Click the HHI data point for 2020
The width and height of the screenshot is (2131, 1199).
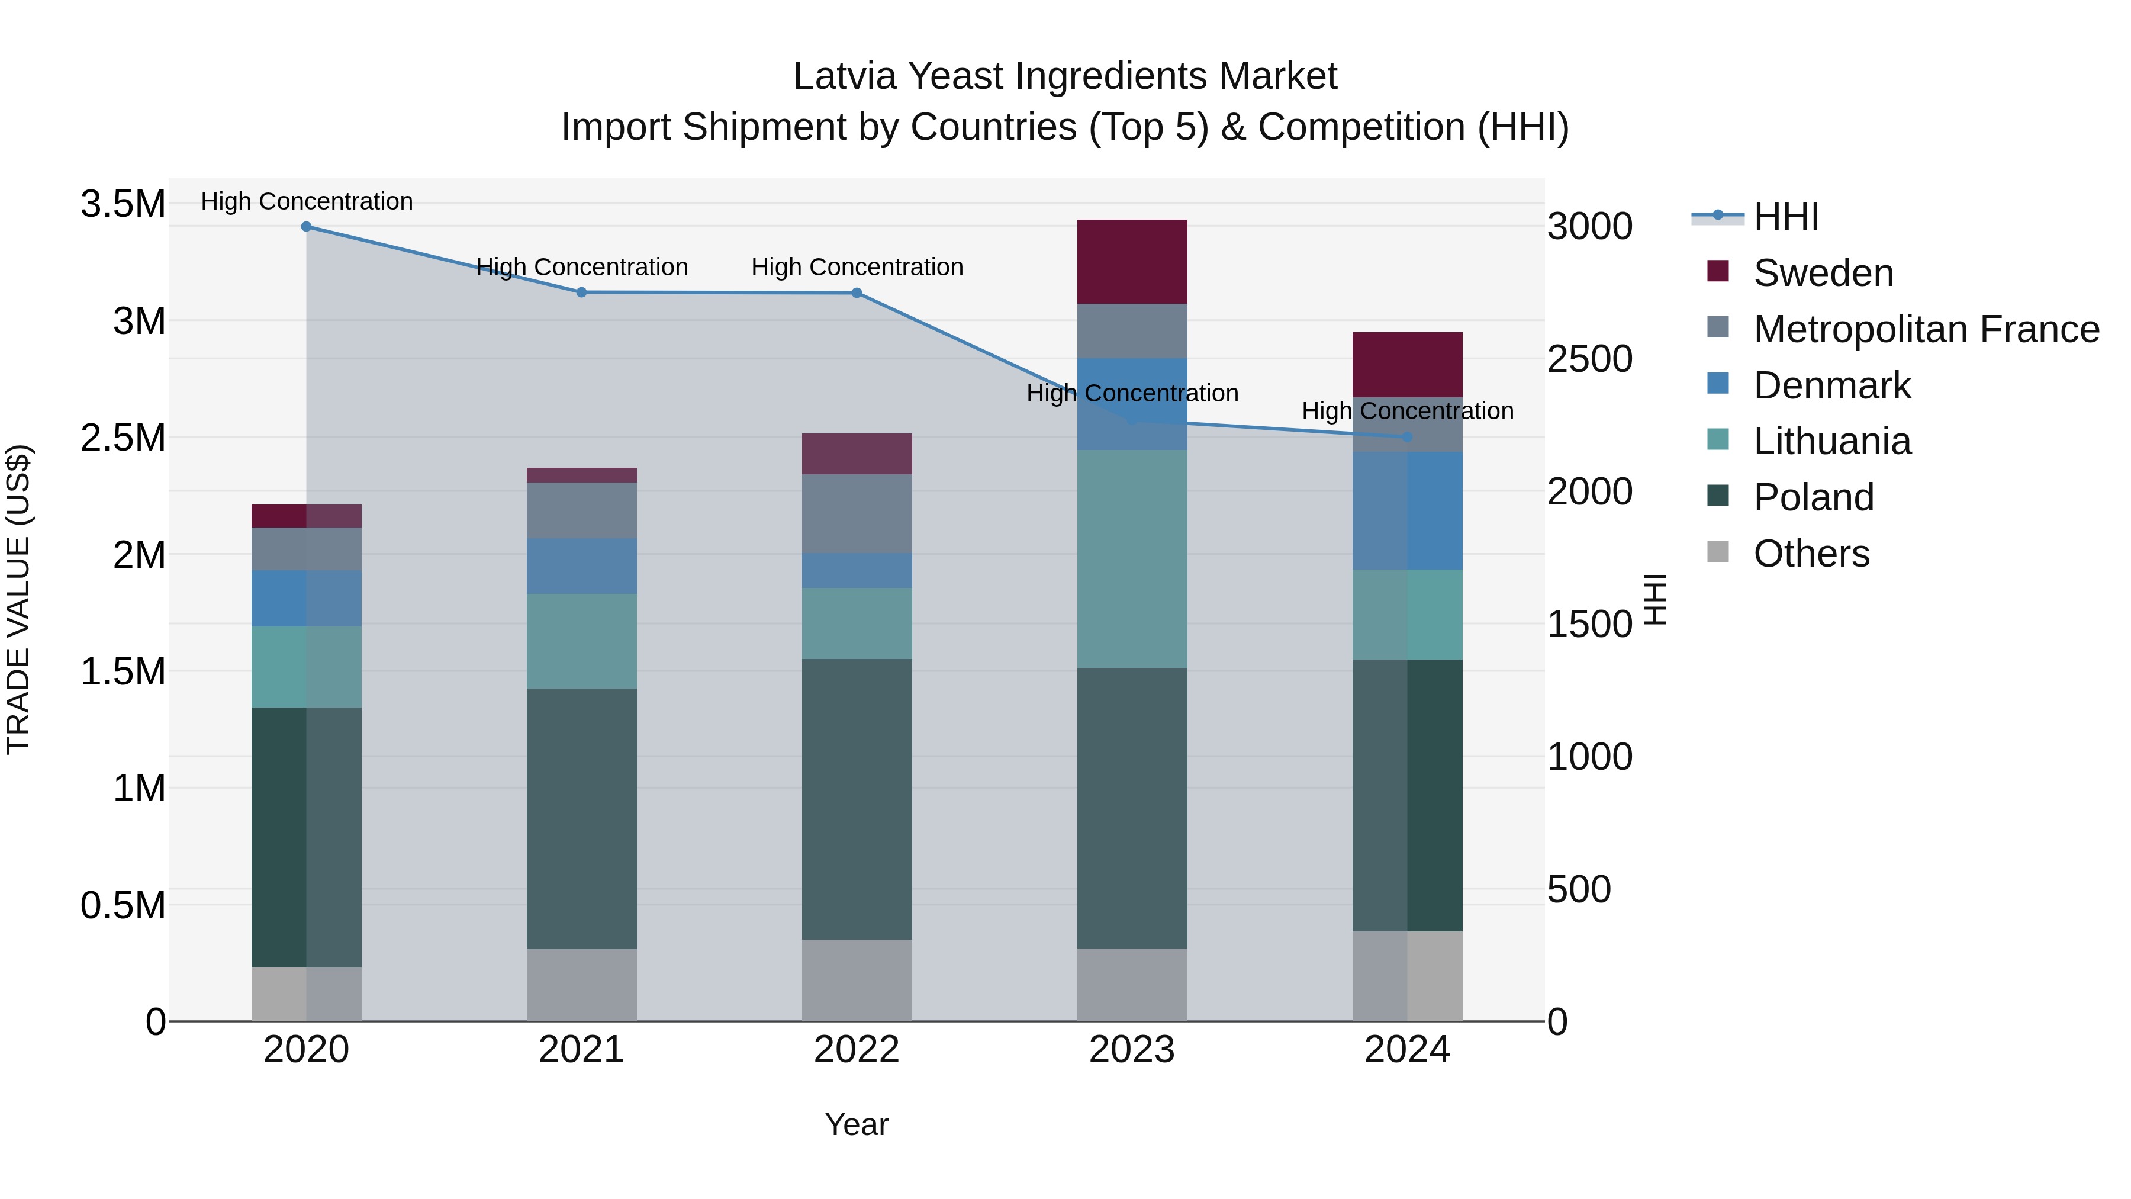[306, 226]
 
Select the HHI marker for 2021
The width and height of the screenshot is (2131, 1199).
[581, 292]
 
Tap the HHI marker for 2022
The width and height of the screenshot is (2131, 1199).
[857, 293]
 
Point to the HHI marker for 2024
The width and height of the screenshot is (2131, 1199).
[1407, 436]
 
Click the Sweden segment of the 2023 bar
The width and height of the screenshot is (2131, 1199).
[1132, 262]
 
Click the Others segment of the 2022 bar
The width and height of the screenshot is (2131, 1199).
[857, 980]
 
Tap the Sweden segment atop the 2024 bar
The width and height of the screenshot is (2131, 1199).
[1407, 364]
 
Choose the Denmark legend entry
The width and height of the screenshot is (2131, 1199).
[1831, 385]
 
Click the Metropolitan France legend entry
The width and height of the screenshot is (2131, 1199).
[1926, 329]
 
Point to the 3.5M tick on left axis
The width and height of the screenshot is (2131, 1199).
[123, 204]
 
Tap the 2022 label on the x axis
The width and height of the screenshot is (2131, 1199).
[857, 1050]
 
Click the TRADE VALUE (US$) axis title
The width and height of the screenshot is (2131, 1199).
[19, 599]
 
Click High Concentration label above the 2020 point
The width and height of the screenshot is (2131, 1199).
[306, 201]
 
